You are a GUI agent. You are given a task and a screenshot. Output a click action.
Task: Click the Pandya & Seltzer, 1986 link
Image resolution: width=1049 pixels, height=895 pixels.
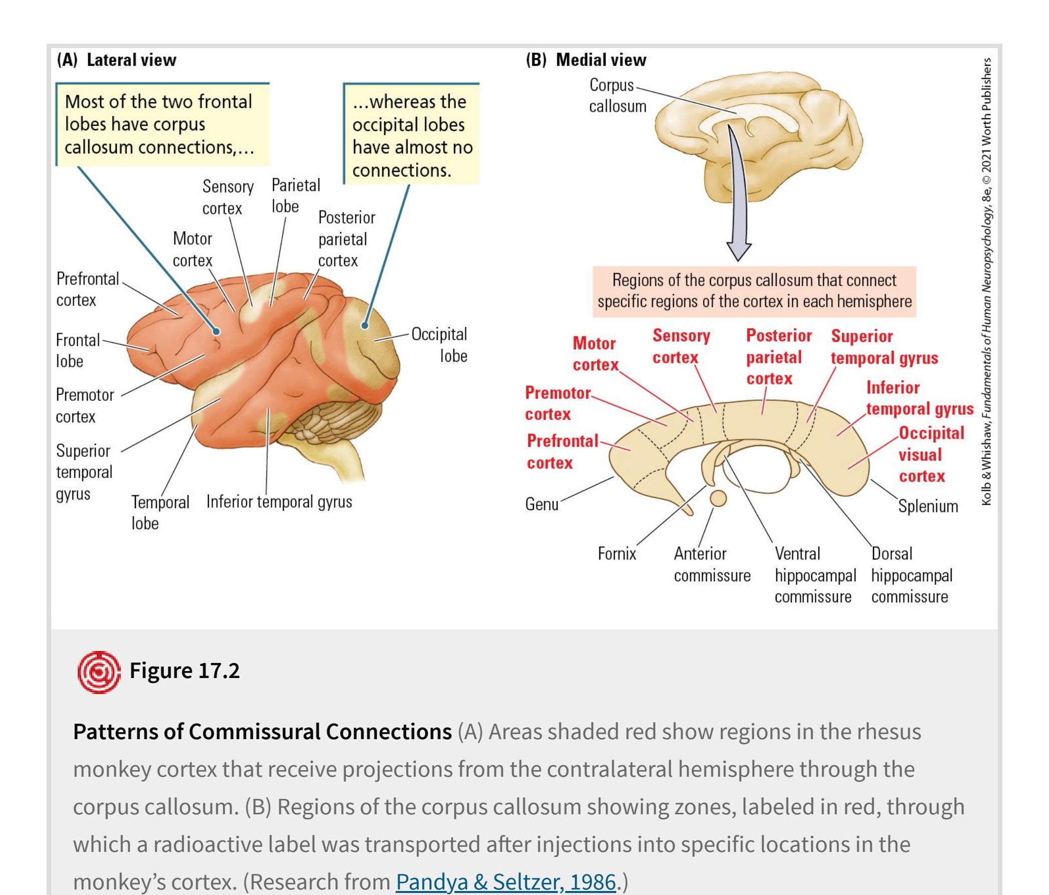[505, 881]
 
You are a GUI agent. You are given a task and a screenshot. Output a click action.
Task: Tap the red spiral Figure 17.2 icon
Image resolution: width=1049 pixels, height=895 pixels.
[99, 672]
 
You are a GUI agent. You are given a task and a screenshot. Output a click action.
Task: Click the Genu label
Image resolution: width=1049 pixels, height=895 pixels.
[542, 504]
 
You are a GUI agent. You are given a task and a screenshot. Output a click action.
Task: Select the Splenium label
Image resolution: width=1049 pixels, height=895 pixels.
[928, 506]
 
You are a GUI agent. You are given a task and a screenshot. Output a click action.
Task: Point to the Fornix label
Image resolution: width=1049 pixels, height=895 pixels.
[617, 554]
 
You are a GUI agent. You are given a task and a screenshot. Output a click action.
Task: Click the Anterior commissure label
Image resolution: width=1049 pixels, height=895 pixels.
[712, 565]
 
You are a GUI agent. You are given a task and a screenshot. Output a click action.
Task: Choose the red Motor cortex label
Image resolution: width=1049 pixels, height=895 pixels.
[595, 354]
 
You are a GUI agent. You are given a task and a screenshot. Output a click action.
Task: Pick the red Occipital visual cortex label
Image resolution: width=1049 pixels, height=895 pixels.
[931, 455]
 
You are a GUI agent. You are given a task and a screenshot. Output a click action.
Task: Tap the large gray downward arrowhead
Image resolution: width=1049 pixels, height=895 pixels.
[739, 250]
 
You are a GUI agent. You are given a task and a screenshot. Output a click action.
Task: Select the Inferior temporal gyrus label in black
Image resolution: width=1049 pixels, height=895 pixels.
[279, 502]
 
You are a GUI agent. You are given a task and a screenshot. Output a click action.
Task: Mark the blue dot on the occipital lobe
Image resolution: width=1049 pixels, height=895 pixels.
[365, 325]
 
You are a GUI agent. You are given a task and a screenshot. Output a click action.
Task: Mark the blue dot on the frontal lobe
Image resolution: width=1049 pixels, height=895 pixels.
[217, 332]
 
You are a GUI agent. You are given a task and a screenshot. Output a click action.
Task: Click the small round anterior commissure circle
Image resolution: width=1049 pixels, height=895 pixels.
[718, 498]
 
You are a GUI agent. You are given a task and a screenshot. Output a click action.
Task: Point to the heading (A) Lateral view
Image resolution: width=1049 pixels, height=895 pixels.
[117, 60]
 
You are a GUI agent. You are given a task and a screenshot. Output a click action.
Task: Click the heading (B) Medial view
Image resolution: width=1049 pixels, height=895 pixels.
[586, 60]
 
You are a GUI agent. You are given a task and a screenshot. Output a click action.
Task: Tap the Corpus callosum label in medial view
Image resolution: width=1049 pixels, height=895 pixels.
[617, 96]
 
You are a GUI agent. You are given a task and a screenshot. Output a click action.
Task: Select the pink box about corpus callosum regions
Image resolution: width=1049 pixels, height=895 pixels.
[754, 291]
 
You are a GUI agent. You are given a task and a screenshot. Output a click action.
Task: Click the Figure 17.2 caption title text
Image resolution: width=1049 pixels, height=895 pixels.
[185, 670]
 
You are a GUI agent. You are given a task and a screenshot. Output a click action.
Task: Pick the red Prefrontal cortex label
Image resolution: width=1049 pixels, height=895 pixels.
[562, 452]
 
